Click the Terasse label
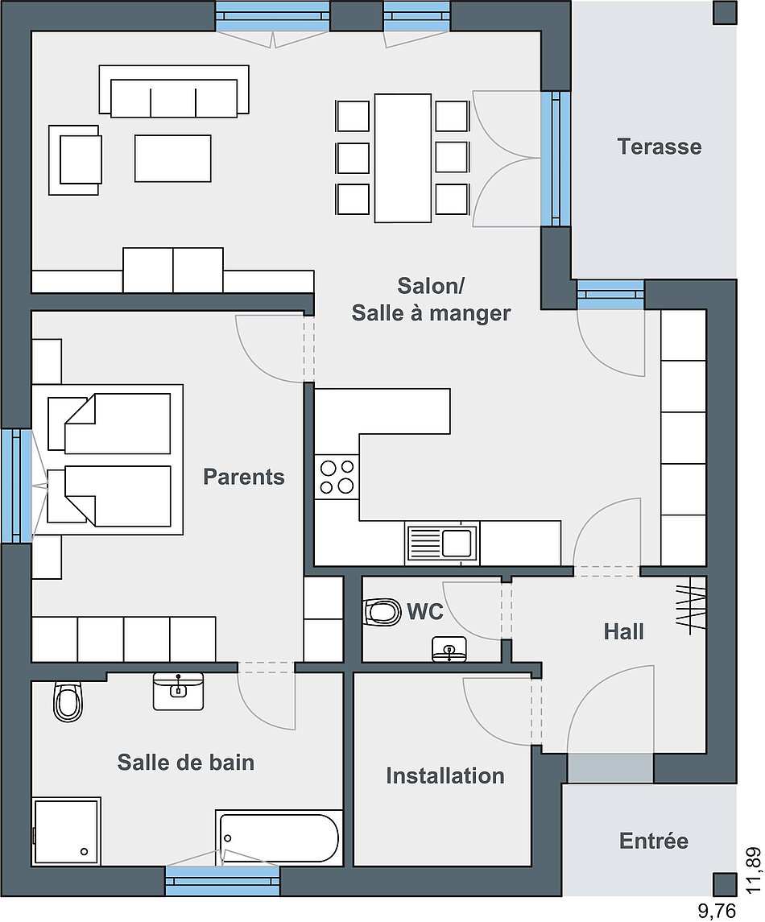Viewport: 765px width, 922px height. (660, 147)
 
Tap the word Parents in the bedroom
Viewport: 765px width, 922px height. (243, 476)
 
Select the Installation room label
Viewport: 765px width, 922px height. (445, 775)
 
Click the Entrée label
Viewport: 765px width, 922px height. (653, 840)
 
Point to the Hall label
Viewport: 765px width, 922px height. (623, 631)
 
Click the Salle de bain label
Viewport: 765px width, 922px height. (186, 762)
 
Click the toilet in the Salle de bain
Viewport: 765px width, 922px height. (68, 701)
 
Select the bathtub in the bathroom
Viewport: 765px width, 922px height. (278, 838)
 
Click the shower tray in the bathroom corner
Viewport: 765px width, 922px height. (67, 832)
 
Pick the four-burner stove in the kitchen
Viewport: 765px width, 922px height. (337, 477)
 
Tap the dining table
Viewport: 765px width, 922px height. (403, 158)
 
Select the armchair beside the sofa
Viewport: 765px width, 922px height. (75, 159)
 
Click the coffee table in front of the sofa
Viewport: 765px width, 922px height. (173, 158)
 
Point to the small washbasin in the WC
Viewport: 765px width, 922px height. (449, 649)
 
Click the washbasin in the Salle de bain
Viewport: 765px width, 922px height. (178, 691)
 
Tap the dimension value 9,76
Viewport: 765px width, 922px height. (717, 912)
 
